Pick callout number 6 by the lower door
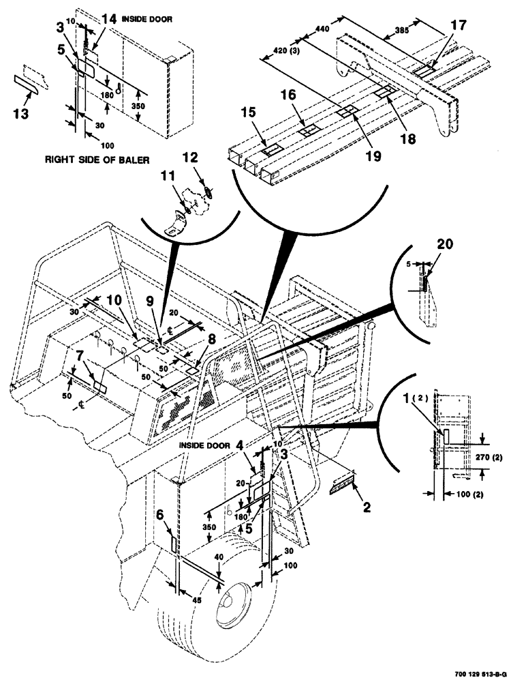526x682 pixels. [x=160, y=515]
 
